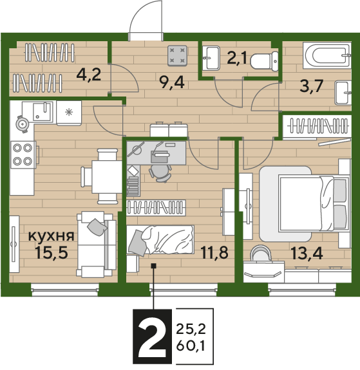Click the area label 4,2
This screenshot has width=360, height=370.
pyautogui.click(x=89, y=75)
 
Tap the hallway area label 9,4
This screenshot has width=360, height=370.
pyautogui.click(x=171, y=82)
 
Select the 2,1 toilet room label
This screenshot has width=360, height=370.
pyautogui.click(x=237, y=58)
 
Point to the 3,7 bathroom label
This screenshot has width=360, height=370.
pyautogui.click(x=311, y=86)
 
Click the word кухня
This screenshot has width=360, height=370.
pyautogui.click(x=52, y=236)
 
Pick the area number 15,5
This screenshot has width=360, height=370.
pyautogui.click(x=52, y=252)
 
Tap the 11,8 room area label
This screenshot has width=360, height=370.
pyautogui.click(x=214, y=252)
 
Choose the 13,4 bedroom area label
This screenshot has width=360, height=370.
pyautogui.click(x=307, y=253)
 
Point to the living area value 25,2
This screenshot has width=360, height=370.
pyautogui.click(x=191, y=329)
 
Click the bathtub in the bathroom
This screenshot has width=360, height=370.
pyautogui.click(x=327, y=55)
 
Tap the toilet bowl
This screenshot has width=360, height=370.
pyautogui.click(x=264, y=61)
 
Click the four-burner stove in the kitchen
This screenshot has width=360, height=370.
pyautogui.click(x=23, y=155)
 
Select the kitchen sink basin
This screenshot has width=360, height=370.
pyautogui.click(x=43, y=111)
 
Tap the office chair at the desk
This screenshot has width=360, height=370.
pyautogui.click(x=160, y=173)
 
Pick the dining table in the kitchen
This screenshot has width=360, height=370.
pyautogui.click(x=107, y=176)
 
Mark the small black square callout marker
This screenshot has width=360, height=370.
pyautogui.click(x=154, y=266)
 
